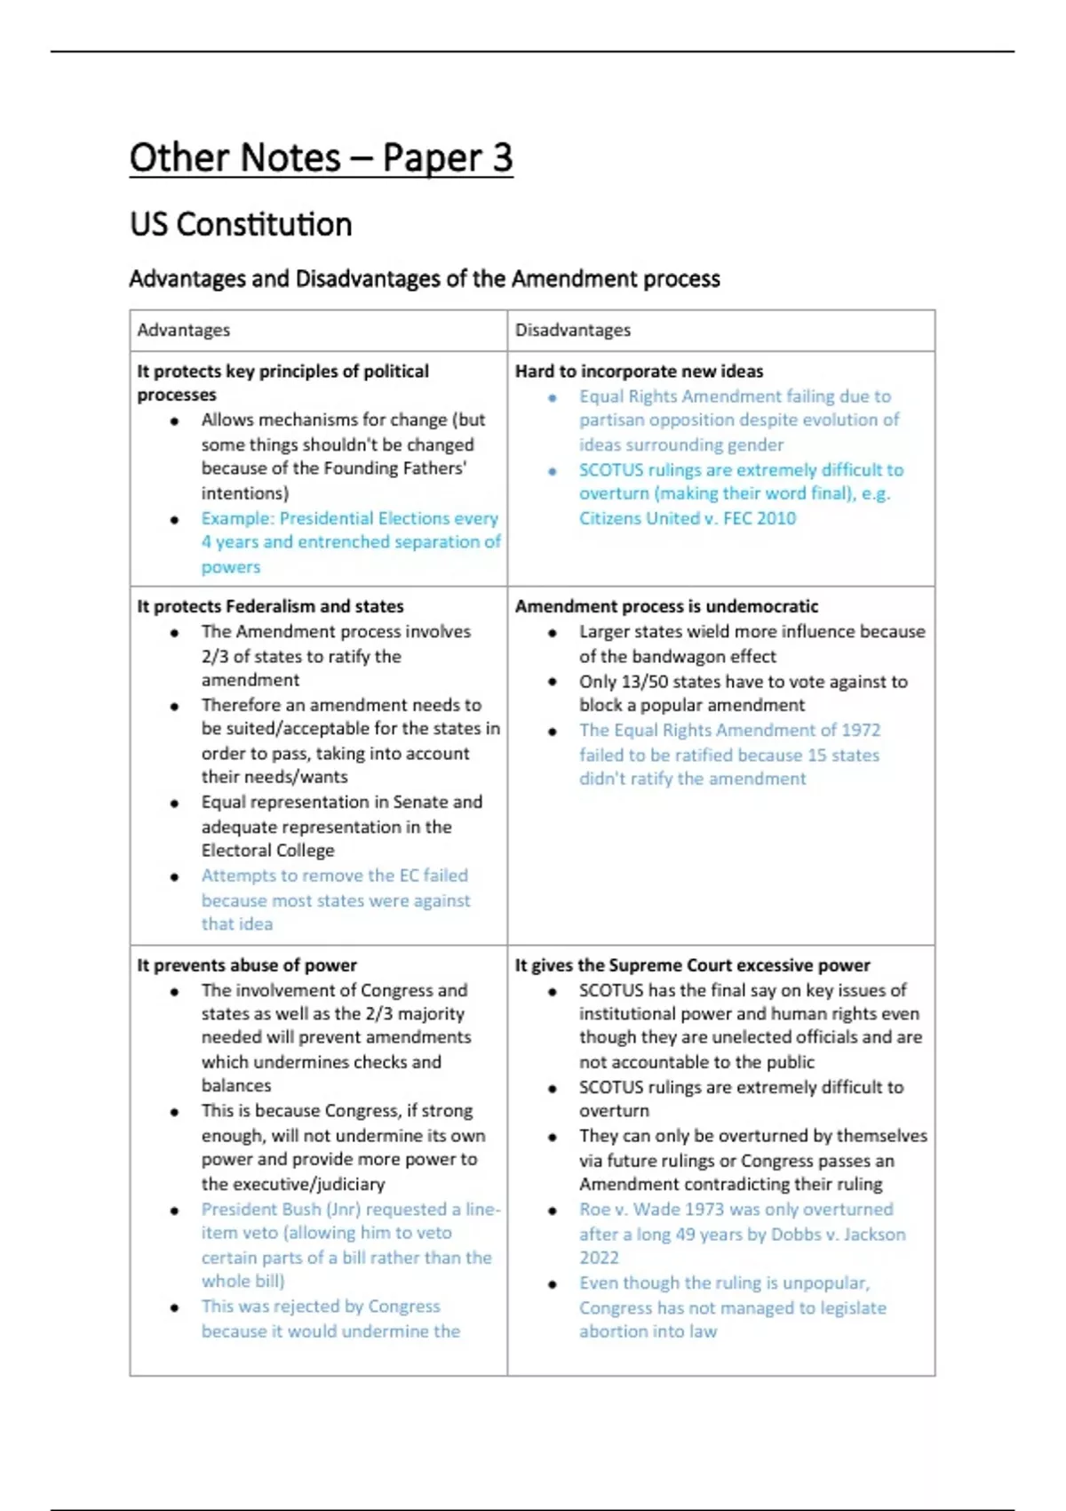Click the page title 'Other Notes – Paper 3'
321,158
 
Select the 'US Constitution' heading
241,224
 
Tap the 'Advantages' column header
183,330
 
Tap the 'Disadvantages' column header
573,330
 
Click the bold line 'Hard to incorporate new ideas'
639,372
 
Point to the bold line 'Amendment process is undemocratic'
666,606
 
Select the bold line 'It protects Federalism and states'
270,606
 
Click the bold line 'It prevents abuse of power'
247,965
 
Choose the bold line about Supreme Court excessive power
692,965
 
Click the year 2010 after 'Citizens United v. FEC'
777,518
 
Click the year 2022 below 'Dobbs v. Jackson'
599,1258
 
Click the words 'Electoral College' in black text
267,851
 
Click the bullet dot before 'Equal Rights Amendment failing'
553,397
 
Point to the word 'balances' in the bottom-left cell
236,1085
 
